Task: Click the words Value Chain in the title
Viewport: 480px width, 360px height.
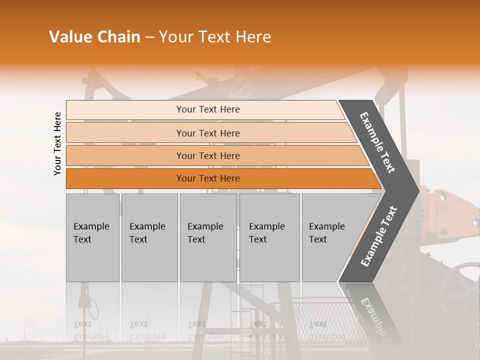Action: [94, 37]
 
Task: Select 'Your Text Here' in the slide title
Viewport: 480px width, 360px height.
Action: [215, 37]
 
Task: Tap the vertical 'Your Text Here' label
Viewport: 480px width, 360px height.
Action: [57, 143]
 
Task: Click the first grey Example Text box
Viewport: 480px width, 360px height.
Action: [92, 237]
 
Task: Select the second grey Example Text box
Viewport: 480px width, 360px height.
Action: [149, 237]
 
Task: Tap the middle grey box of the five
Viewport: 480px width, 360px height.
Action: [208, 237]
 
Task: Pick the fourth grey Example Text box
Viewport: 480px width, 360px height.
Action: [269, 237]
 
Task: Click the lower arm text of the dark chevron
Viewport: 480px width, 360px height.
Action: [379, 236]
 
